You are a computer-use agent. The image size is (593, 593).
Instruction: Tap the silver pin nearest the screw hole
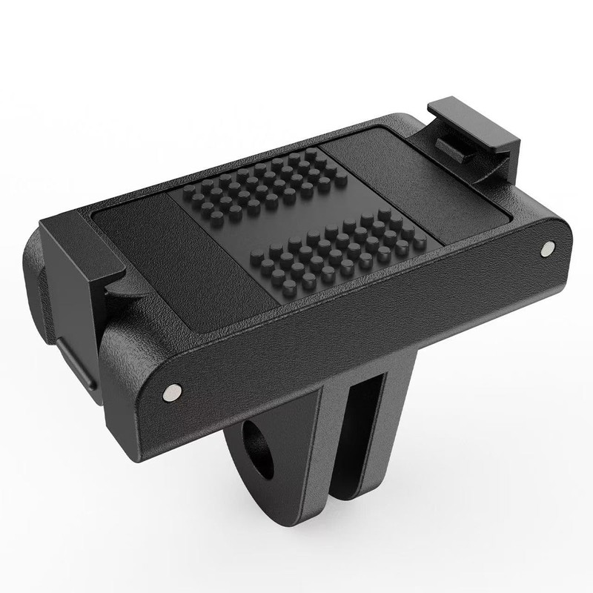point(171,391)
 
